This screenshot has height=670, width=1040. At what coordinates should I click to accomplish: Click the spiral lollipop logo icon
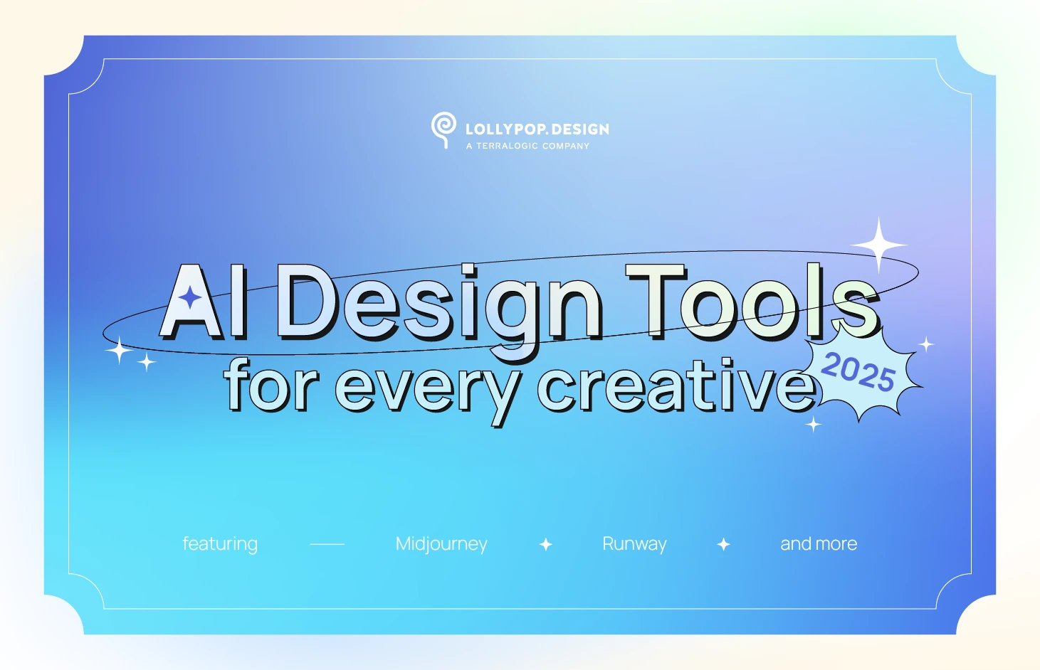click(443, 130)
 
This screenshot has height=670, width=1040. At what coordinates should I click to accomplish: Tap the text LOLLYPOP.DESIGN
click(537, 129)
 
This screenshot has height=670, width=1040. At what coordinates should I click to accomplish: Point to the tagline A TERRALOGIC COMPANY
click(528, 146)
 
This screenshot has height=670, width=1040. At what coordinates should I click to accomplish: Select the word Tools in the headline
click(753, 302)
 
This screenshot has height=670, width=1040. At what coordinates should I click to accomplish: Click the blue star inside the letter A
click(190, 297)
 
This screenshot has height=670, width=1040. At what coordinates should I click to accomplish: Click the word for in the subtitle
click(272, 385)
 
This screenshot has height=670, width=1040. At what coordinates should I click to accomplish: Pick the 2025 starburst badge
click(863, 372)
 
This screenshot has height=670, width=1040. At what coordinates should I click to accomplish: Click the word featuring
click(220, 544)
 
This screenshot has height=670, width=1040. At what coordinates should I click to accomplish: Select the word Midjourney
click(441, 544)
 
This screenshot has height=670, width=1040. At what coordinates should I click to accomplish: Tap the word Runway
click(635, 544)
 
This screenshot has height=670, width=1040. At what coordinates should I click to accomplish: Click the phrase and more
click(819, 544)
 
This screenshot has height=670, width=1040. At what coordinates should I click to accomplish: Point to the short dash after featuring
click(327, 544)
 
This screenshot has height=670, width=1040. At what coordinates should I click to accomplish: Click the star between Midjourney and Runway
click(546, 544)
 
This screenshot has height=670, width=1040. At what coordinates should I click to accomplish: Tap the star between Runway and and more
click(724, 544)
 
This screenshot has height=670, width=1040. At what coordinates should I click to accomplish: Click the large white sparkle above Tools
click(879, 245)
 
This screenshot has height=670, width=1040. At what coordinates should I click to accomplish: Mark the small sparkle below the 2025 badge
click(814, 425)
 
